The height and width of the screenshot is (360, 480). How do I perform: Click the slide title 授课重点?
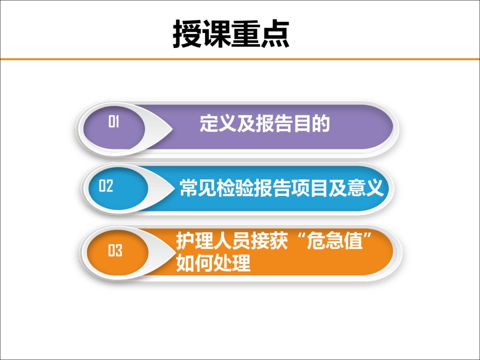(231, 34)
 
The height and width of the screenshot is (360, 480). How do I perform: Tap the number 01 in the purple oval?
(114, 121)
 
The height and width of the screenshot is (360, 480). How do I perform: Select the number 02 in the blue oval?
(106, 186)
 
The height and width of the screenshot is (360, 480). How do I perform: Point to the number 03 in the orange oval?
(115, 250)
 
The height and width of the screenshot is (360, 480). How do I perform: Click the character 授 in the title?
(187, 34)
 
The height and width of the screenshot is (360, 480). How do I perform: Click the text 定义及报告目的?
(265, 124)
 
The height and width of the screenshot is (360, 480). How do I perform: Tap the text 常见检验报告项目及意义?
(281, 187)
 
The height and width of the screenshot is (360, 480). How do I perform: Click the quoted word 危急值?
(334, 241)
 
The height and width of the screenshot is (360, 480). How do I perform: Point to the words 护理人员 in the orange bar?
(213, 241)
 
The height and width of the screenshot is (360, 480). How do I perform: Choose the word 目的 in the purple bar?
(311, 124)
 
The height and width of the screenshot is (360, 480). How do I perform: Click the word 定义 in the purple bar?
(218, 124)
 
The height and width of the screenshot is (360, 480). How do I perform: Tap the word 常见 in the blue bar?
(198, 187)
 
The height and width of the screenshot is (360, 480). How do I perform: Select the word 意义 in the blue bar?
(365, 187)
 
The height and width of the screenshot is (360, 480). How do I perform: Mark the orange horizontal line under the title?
(240, 59)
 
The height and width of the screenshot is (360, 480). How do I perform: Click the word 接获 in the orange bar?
(269, 241)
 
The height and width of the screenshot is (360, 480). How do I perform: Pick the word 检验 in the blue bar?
(235, 187)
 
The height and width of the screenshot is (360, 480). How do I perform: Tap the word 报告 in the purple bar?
(274, 124)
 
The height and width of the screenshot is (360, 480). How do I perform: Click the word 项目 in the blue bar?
(310, 187)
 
